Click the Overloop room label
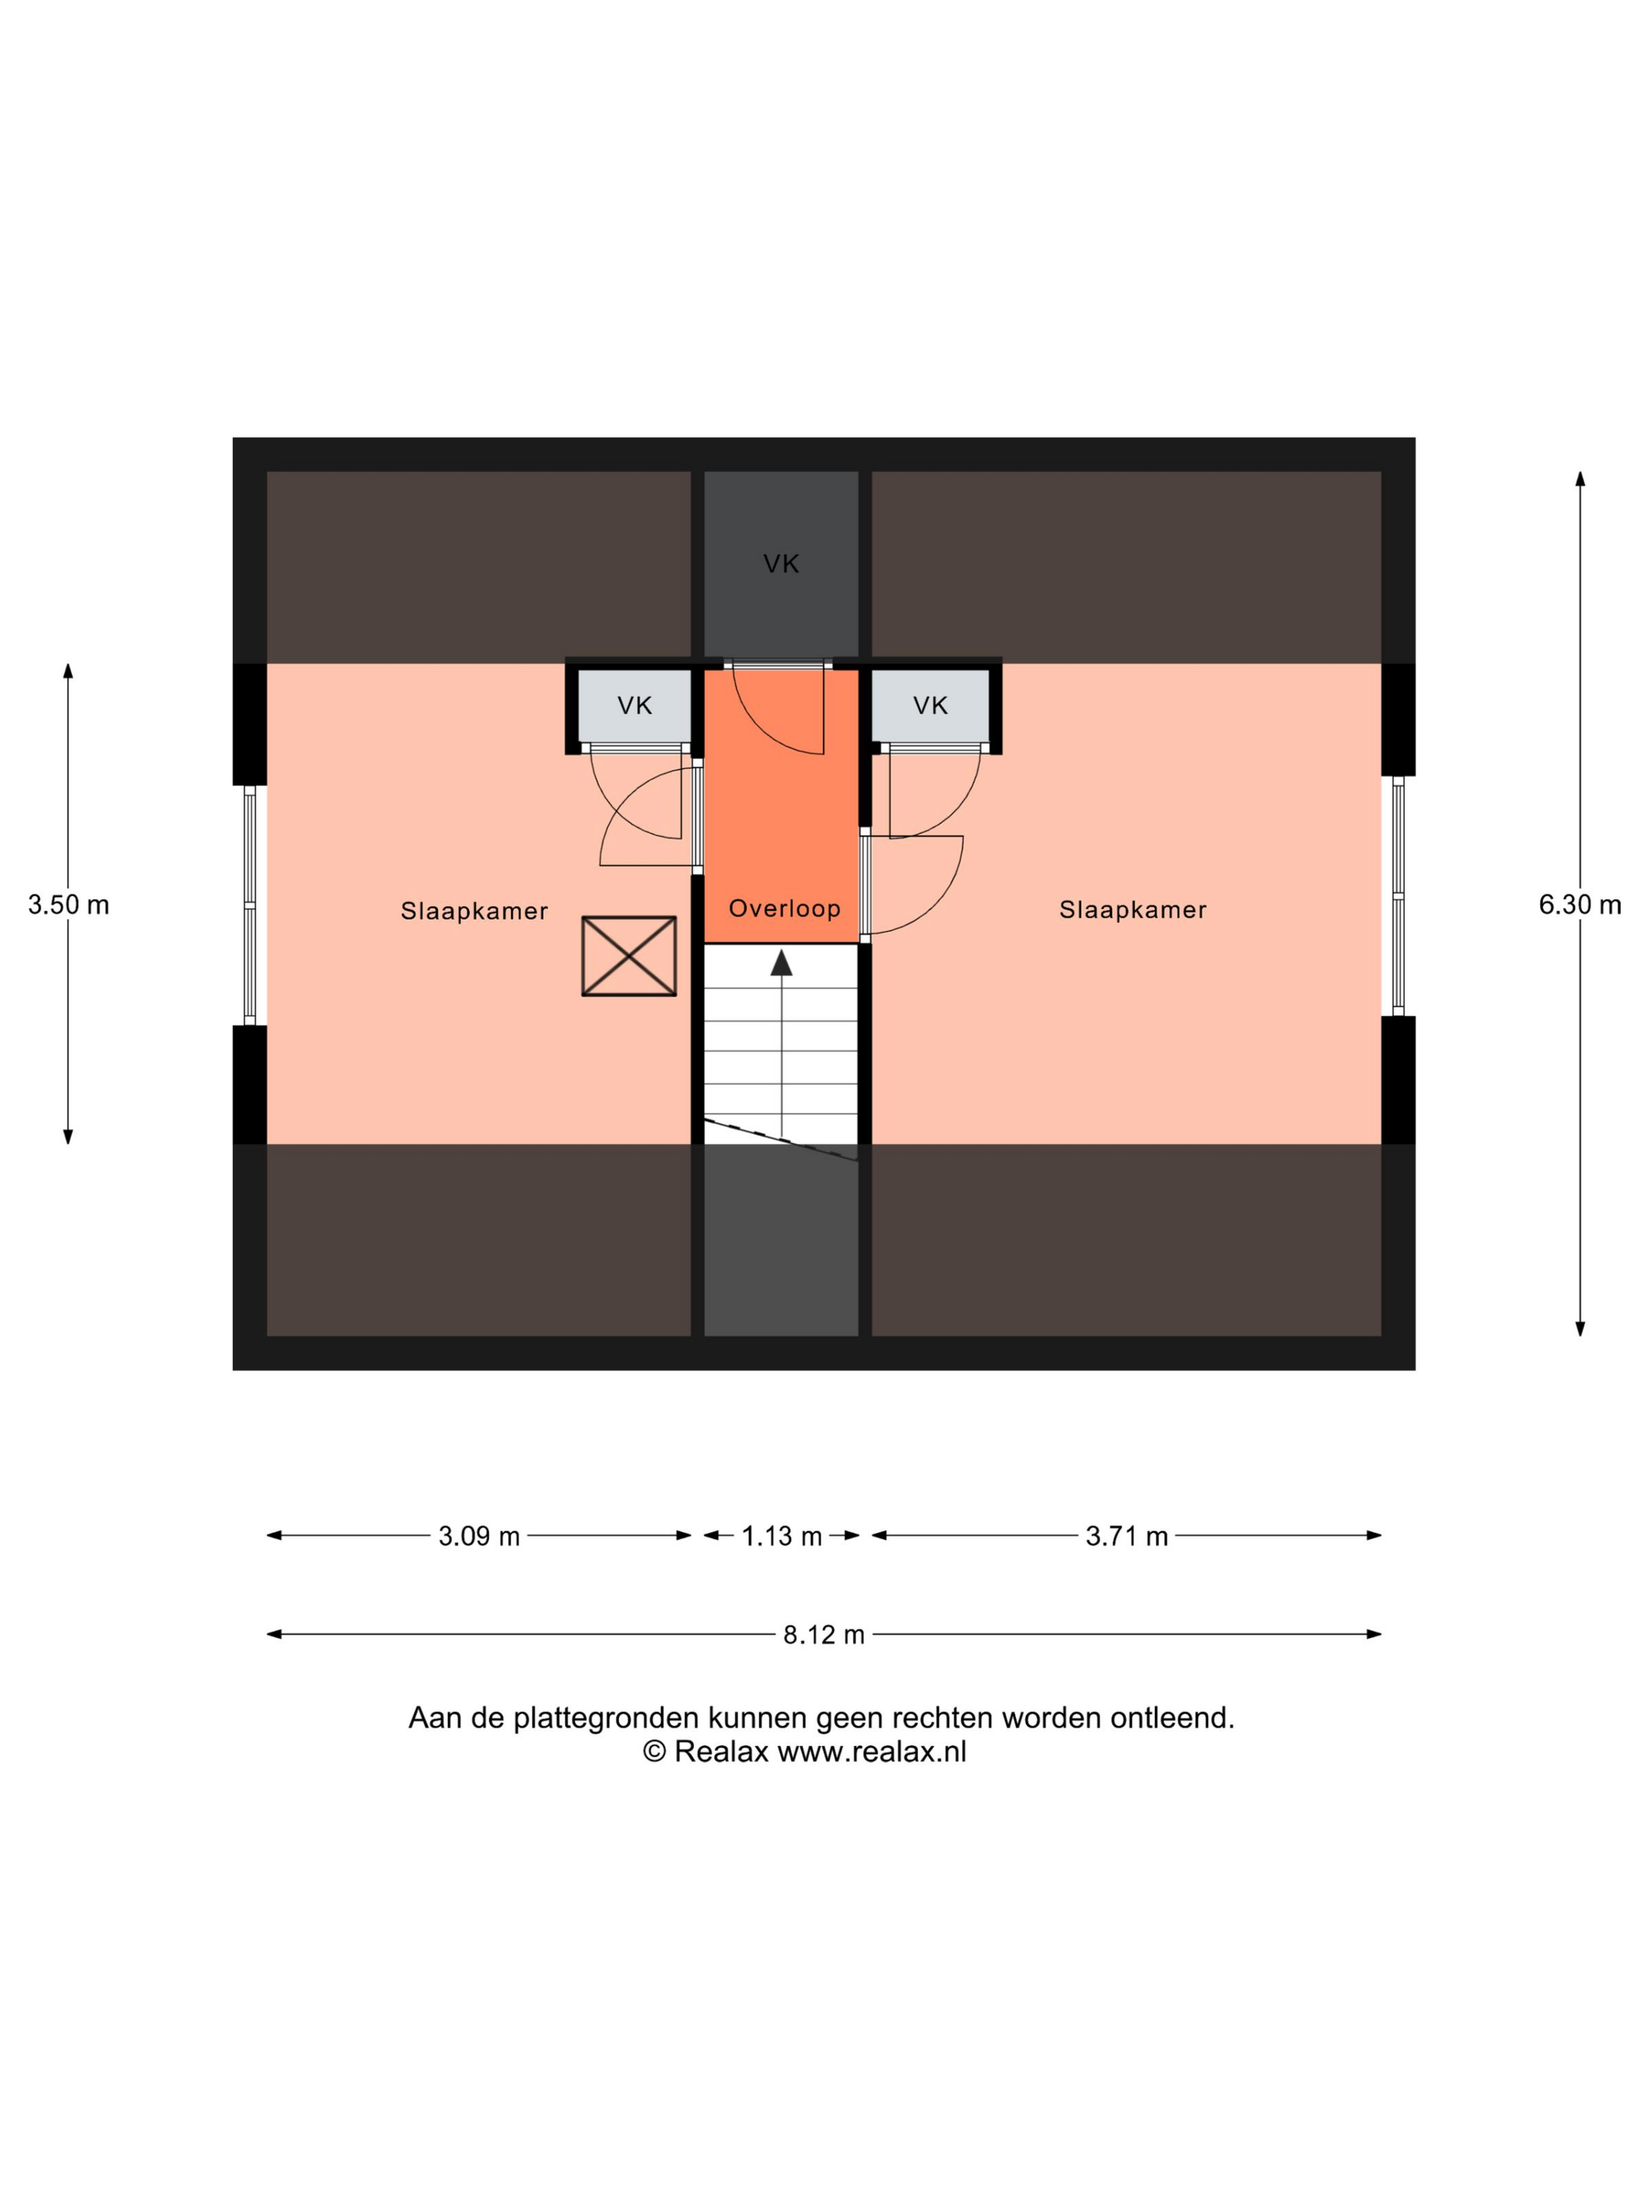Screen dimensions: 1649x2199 click(x=784, y=908)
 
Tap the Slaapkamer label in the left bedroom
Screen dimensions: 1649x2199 click(x=474, y=910)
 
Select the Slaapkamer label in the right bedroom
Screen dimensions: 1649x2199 click(x=1132, y=909)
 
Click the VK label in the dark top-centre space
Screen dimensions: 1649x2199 click(x=781, y=564)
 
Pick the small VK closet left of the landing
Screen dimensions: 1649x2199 click(x=634, y=706)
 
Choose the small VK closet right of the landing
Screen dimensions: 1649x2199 click(x=931, y=706)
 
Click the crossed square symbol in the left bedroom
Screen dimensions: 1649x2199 click(x=628, y=955)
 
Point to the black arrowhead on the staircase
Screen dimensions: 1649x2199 click(x=781, y=962)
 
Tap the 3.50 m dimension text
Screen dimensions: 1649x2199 click(x=68, y=905)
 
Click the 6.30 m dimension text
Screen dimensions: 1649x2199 click(x=1579, y=905)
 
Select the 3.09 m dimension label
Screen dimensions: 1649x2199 click(x=479, y=1536)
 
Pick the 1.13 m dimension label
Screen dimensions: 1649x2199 click(x=781, y=1536)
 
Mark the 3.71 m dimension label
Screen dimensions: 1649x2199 click(x=1126, y=1536)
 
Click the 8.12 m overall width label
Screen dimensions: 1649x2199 click(x=823, y=1634)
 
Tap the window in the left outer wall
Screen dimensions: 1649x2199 click(x=250, y=905)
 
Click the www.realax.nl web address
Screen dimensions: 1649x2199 click(x=872, y=1751)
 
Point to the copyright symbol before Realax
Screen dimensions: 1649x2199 click(x=654, y=1751)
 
